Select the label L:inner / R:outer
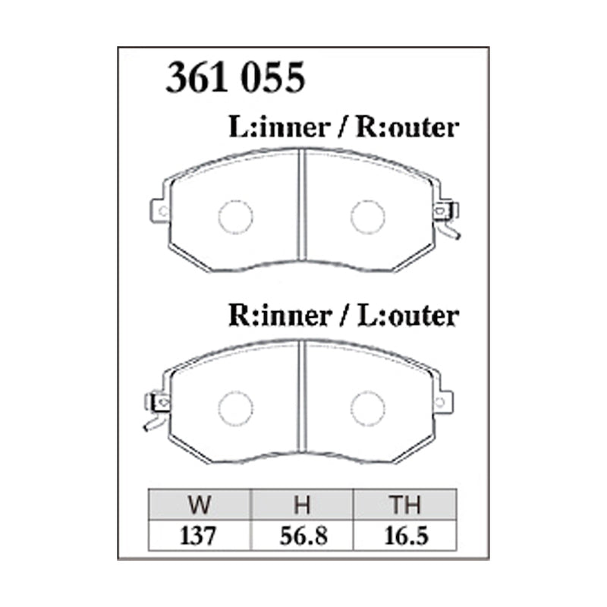tap(343, 127)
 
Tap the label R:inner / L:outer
tap(343, 314)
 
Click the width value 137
tap(200, 536)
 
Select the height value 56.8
tap(302, 536)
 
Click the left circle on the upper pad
tap(235, 217)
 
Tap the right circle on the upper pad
tap(367, 217)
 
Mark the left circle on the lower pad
tap(235, 408)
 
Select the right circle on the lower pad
tap(367, 408)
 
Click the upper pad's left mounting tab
tap(159, 210)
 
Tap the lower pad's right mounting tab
tap(443, 400)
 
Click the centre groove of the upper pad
tap(302, 208)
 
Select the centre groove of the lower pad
tap(302, 399)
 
